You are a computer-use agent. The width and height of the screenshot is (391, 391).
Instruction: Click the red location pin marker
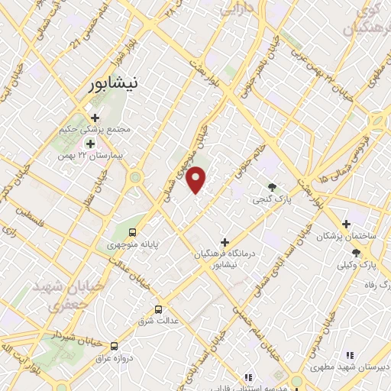[196, 179]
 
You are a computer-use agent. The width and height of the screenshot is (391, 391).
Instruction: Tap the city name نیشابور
[111, 86]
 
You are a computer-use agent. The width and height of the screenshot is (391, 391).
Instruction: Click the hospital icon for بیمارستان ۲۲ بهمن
[90, 144]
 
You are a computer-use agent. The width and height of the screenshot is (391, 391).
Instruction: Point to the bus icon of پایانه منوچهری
[133, 232]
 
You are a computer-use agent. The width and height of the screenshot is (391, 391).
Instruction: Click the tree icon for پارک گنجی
[273, 186]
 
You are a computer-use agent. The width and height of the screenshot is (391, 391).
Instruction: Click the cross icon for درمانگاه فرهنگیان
[224, 241]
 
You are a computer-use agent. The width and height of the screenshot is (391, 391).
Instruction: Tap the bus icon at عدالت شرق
[158, 309]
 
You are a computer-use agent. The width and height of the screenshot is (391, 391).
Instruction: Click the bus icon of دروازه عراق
[115, 345]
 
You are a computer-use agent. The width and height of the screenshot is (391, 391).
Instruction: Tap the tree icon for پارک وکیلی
[356, 252]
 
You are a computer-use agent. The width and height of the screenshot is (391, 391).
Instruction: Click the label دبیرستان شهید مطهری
[350, 367]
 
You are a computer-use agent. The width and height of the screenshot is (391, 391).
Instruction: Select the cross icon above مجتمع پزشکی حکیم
[95, 118]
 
